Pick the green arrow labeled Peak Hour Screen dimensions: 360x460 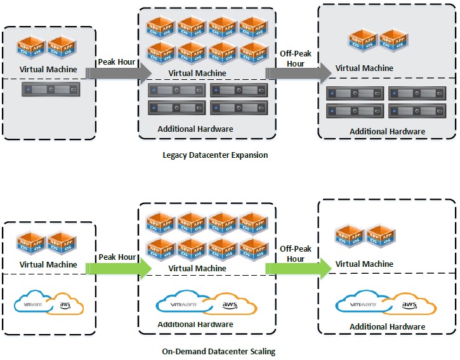(117, 269)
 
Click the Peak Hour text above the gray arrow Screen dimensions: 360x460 (117, 61)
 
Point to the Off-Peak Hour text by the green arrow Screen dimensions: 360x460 (296, 254)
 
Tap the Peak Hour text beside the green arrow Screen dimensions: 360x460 (117, 257)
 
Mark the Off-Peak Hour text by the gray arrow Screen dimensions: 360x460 (296, 58)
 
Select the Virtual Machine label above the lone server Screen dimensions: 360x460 (48, 70)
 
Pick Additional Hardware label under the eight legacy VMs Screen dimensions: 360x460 (195, 129)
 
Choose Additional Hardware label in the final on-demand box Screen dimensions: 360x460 (387, 326)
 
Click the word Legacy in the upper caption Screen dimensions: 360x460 (174, 155)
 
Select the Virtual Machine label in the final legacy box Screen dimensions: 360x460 (364, 68)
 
